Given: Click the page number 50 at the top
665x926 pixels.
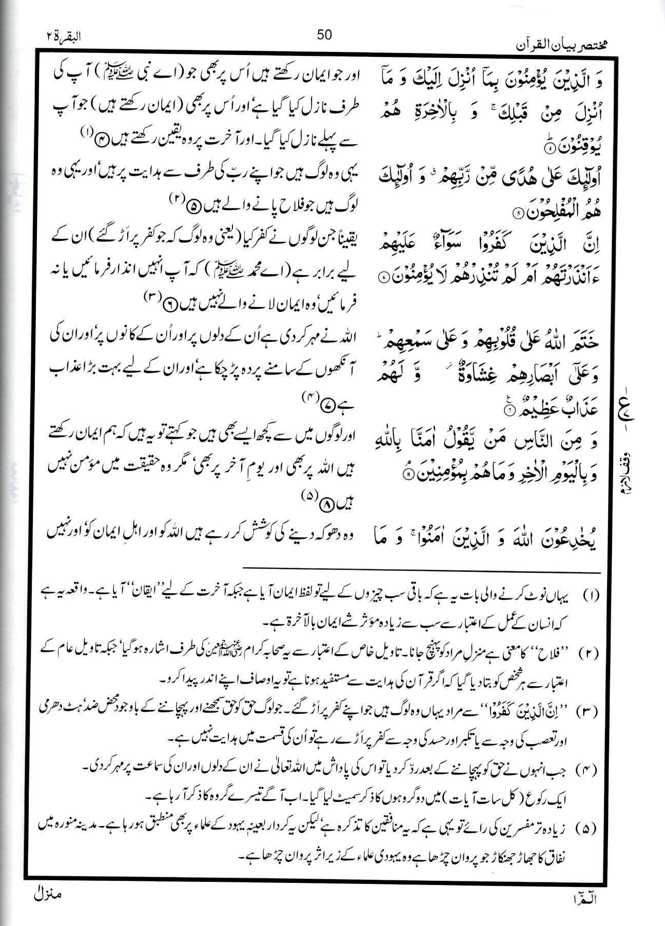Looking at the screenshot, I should (324, 35).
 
